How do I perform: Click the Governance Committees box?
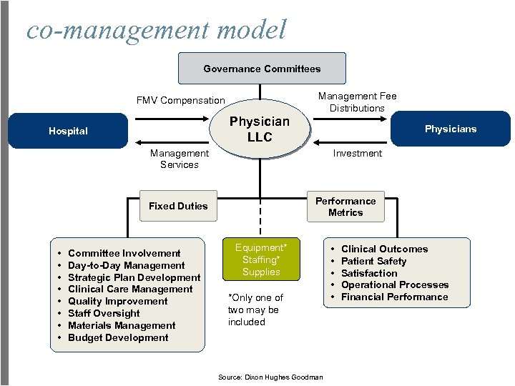262,69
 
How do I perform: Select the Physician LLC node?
259,129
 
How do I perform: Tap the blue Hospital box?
68,131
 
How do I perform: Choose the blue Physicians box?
450,129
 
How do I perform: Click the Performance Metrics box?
345,207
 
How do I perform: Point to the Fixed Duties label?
178,206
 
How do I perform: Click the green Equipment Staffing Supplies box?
260,259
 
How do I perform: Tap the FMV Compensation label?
181,100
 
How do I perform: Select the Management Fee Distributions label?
357,102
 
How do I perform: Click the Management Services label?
180,159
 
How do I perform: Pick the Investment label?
357,153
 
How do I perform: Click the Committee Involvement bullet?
124,253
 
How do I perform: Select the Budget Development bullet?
118,337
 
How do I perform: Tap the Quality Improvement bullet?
117,301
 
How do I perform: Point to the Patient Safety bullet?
373,261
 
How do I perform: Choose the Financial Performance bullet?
394,297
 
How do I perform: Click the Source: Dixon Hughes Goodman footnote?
269,377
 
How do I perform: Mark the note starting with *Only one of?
255,310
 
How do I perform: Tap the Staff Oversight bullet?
104,313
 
